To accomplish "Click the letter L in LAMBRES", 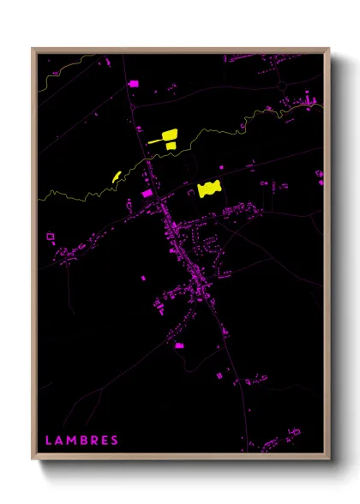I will [48, 441].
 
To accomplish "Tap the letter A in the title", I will [59, 441].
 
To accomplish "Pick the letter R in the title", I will [94, 441].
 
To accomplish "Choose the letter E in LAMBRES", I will [105, 441].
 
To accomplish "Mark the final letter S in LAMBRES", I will [115, 441].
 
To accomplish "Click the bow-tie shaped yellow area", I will [209, 189].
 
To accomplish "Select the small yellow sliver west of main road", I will [115, 176].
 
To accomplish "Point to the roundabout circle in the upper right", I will [282, 86].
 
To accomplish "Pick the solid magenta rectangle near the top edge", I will [133, 83].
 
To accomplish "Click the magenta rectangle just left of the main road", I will [146, 195].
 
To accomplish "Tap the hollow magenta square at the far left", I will [50, 235].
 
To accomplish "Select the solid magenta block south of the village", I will [179, 345].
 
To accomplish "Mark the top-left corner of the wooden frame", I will [33, 49].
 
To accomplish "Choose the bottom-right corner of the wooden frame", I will [328, 459].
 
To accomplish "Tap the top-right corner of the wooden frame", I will [328, 49].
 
